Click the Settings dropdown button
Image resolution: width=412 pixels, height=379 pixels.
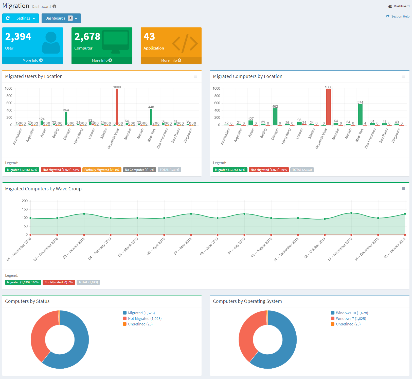(x=26, y=18)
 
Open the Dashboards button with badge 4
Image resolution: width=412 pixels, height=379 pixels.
(x=61, y=18)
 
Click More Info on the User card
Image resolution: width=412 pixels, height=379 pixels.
(x=32, y=60)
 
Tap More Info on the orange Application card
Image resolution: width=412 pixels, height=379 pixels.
(x=171, y=60)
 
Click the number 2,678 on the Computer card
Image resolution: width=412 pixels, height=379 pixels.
(x=87, y=37)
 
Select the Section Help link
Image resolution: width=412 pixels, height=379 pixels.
(x=400, y=16)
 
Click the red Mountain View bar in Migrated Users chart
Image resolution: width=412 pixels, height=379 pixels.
(x=117, y=107)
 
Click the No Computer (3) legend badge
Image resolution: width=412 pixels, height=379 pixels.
(x=139, y=170)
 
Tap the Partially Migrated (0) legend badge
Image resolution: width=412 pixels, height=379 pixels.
(x=102, y=170)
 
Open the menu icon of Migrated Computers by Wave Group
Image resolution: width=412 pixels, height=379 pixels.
(x=403, y=189)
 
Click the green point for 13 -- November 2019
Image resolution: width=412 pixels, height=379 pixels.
(x=351, y=213)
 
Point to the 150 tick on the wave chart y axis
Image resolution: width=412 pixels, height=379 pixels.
(x=25, y=209)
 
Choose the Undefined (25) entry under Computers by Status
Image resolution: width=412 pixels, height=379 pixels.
(x=140, y=324)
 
